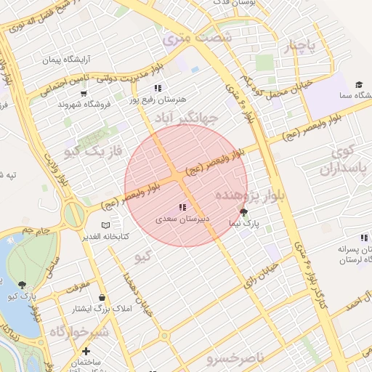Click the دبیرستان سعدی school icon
pyautogui.click(x=182, y=208)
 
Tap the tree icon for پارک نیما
pyautogui.click(x=243, y=213)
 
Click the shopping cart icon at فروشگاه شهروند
pyautogui.click(x=84, y=93)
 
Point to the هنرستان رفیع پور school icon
pyautogui.click(x=158, y=88)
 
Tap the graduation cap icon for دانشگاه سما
pyautogui.click(x=359, y=85)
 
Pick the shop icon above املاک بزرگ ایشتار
pyautogui.click(x=101, y=297)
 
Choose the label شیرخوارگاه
pyautogui.click(x=78, y=331)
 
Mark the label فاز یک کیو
pyautogui.click(x=92, y=151)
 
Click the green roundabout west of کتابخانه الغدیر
pyautogui.click(x=73, y=214)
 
